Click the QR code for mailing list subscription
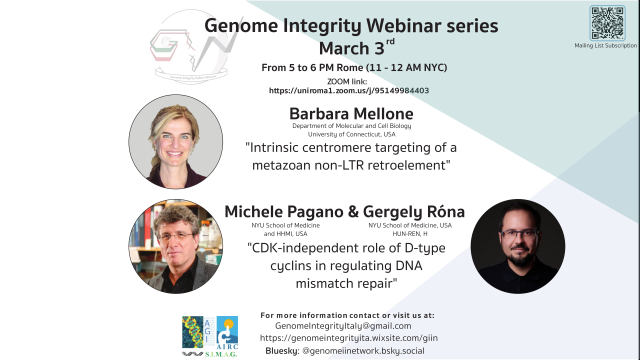(x=607, y=23)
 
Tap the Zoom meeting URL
(x=349, y=91)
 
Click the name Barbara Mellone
(x=351, y=113)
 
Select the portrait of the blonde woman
(x=175, y=141)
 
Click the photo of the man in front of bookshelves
(x=175, y=246)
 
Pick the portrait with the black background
(x=517, y=246)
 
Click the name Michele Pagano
(x=284, y=211)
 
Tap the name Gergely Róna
(x=413, y=211)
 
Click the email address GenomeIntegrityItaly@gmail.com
(x=343, y=326)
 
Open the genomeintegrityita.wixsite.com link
(x=349, y=338)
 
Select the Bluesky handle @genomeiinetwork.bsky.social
(x=363, y=351)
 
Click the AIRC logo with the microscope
(x=227, y=333)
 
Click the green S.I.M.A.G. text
(x=221, y=354)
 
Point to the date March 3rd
(x=356, y=47)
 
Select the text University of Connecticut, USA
(x=351, y=134)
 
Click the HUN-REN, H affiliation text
(x=410, y=233)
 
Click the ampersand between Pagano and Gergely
(x=353, y=212)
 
